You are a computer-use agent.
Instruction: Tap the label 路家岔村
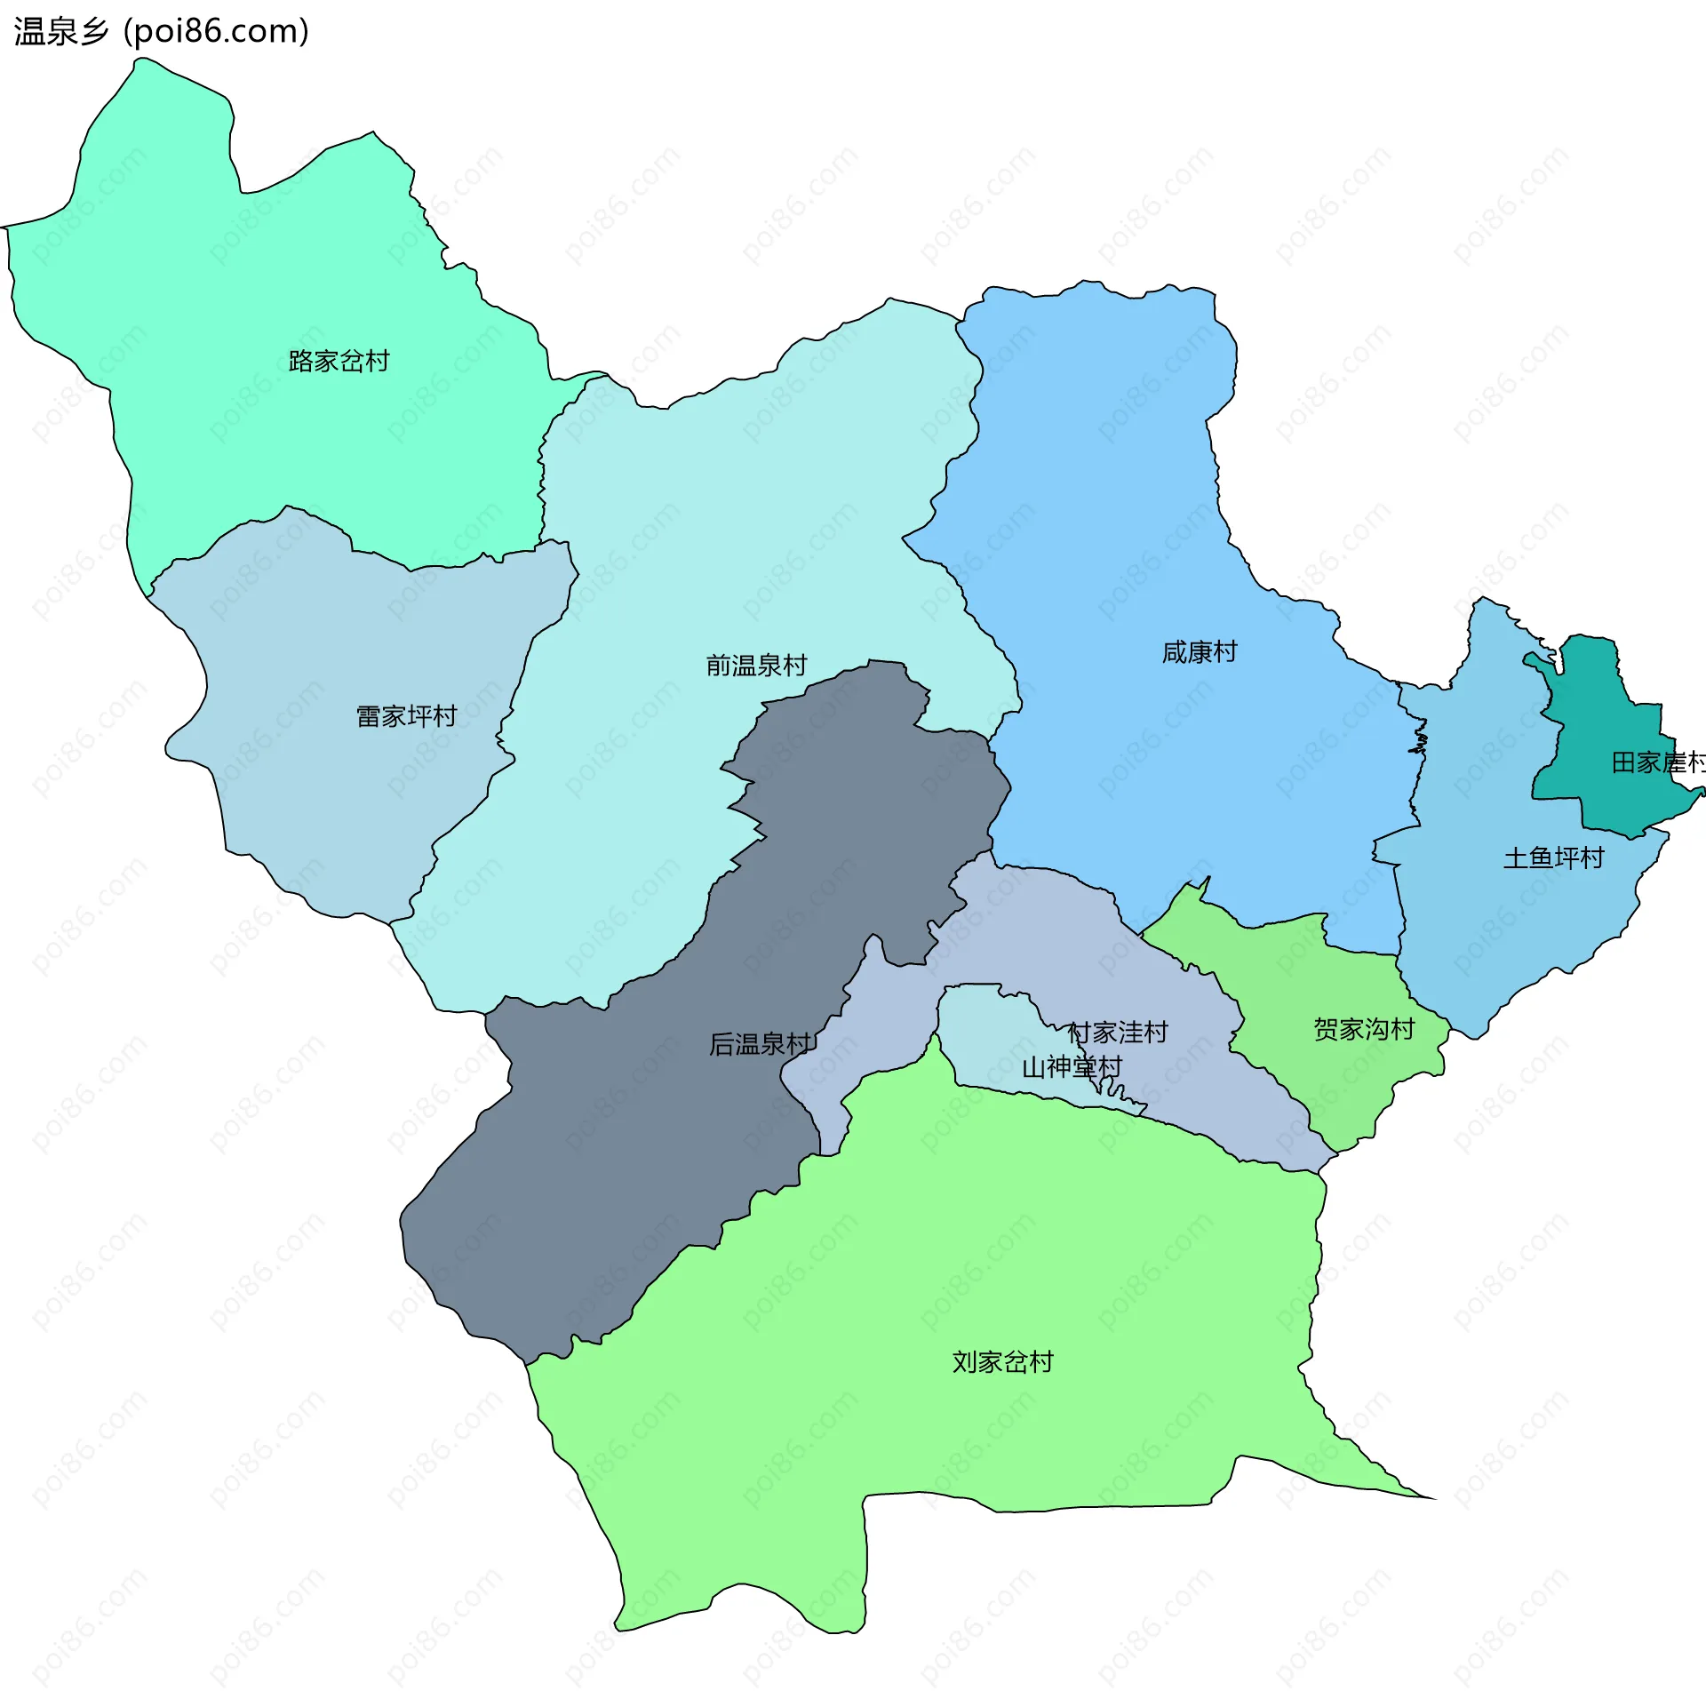click(339, 362)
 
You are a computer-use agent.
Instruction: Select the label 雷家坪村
click(406, 716)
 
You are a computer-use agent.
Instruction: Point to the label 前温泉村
click(756, 666)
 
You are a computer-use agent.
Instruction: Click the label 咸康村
click(1199, 652)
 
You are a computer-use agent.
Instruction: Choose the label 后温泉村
click(761, 1044)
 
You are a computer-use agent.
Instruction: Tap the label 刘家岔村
click(1002, 1362)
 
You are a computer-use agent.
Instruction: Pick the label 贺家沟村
click(1364, 1030)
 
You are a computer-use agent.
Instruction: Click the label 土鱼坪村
click(1553, 858)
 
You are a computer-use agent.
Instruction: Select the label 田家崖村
click(1657, 762)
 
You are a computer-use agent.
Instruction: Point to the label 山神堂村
click(1072, 1067)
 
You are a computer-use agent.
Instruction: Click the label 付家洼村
click(1117, 1033)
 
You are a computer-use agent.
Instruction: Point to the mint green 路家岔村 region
click(267, 267)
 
